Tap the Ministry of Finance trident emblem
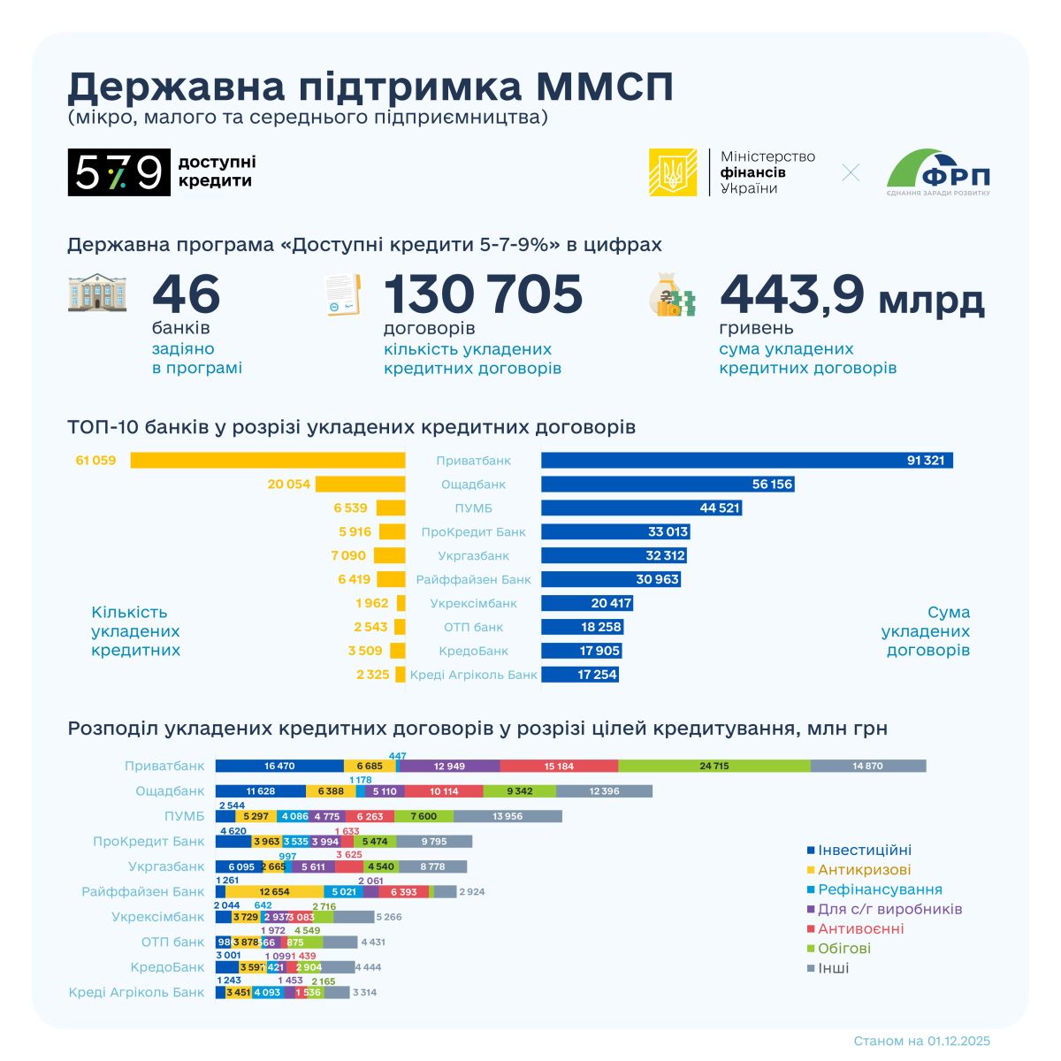tap(673, 172)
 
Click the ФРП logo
tap(939, 172)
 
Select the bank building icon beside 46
tap(96, 294)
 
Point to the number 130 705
tap(483, 294)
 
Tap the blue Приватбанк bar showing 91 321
tap(746, 461)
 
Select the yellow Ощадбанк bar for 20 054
tap(360, 485)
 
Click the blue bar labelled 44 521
tap(641, 508)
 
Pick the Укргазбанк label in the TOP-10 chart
tap(473, 556)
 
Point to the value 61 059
tap(96, 461)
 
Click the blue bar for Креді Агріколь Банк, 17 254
tap(579, 675)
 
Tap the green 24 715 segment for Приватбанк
tap(714, 766)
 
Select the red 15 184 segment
tap(559, 766)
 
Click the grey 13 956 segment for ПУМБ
tap(508, 816)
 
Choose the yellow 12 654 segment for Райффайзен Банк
tap(275, 892)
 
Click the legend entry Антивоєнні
tap(860, 928)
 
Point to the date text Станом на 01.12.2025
tap(922, 1041)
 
